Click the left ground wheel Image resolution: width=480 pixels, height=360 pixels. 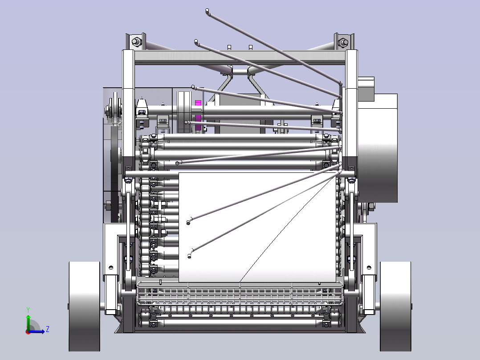(x=84, y=307)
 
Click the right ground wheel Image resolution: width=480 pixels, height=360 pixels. (x=395, y=307)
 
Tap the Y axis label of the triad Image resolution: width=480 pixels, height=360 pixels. (x=28, y=310)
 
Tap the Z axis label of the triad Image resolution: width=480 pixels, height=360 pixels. (x=48, y=329)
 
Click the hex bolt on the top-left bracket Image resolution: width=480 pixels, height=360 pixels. (x=136, y=42)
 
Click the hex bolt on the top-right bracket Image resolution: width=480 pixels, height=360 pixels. (x=343, y=42)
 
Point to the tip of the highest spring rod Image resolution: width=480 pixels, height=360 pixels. (x=207, y=11)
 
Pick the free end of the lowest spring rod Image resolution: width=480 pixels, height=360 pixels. (x=189, y=256)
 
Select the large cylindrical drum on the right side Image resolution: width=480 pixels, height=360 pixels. (x=377, y=148)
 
